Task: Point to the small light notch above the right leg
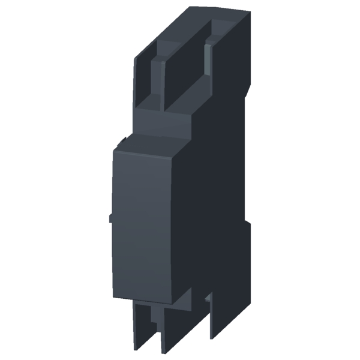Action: coord(207,297)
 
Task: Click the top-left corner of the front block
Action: coord(115,150)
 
